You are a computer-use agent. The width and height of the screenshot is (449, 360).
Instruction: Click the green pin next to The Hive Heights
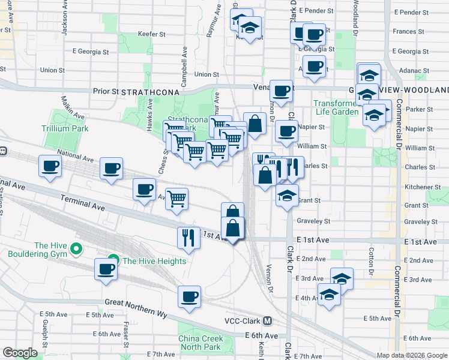coord(111,261)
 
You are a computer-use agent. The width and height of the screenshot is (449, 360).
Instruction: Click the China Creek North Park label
coord(200,343)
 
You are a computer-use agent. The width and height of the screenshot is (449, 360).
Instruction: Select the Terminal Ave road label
coord(82,202)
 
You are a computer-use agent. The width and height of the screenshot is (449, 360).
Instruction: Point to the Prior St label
coord(106,91)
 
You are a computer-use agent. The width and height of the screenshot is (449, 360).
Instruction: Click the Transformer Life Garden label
coord(336,107)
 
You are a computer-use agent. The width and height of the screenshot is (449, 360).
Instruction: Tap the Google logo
coord(20,353)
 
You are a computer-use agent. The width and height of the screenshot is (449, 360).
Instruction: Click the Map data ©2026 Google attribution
coord(411,355)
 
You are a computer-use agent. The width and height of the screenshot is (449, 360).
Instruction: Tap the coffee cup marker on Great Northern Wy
coord(190,296)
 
